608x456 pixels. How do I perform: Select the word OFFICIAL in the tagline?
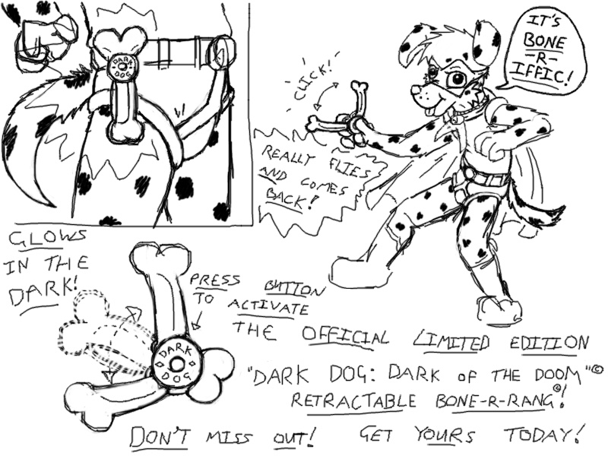click(346, 335)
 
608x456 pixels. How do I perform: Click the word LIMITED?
click(451, 340)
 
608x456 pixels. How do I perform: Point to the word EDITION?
click(549, 344)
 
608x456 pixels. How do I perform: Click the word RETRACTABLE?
click(353, 401)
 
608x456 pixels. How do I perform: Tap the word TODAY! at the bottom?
click(543, 435)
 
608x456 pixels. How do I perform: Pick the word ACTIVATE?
click(268, 308)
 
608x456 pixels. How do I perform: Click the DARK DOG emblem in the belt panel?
click(123, 66)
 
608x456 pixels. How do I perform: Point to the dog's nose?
click(416, 90)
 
